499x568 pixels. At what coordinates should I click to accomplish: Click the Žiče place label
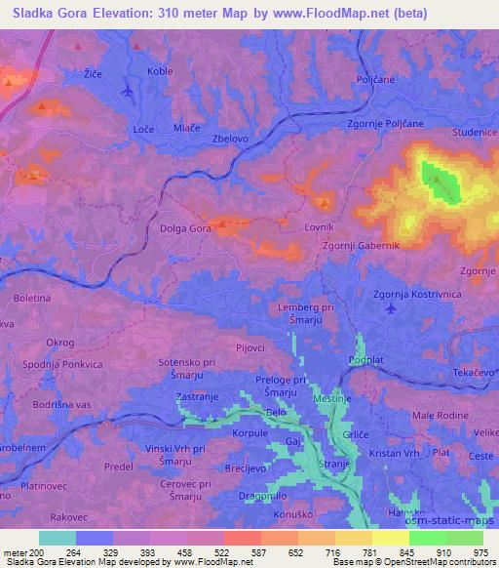coord(94,73)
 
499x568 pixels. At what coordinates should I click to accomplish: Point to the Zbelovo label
coord(232,139)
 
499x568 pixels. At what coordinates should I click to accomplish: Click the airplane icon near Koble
coord(128,91)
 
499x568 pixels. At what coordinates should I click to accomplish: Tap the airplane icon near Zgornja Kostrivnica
coord(392,308)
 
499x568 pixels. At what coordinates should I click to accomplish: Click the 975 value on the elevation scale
coord(480,552)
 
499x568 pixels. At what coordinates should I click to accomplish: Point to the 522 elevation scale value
coord(222,552)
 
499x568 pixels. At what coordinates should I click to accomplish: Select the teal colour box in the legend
coord(58,538)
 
